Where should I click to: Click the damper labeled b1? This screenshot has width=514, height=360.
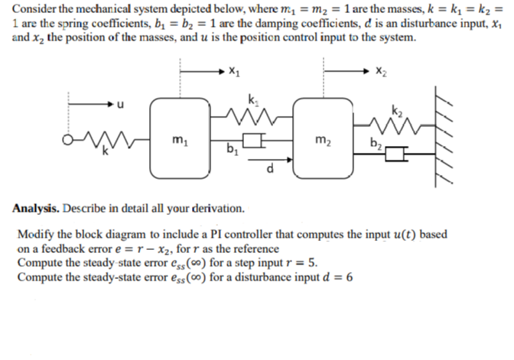point(250,141)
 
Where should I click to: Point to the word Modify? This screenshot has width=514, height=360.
point(33,233)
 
